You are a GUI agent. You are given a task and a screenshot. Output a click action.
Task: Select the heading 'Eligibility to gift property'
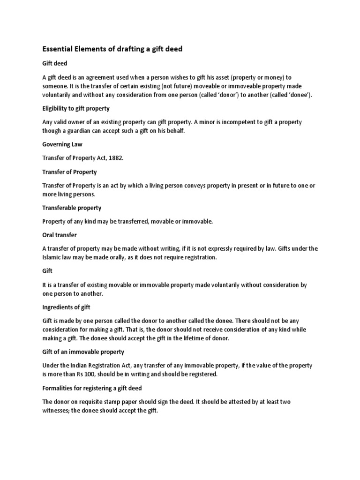pyautogui.click(x=76, y=108)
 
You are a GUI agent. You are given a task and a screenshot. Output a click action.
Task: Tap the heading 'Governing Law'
pyautogui.click(x=62, y=144)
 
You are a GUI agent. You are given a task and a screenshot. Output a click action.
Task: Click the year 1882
pyautogui.click(x=115, y=158)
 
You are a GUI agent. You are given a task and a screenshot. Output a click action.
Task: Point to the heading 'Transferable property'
pyautogui.click(x=72, y=208)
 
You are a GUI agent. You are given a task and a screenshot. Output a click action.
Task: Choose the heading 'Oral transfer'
pyautogui.click(x=60, y=235)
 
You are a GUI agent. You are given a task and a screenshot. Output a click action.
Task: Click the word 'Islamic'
pyautogui.click(x=52, y=257)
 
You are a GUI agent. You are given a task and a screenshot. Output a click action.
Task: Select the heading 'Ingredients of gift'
pyautogui.click(x=66, y=307)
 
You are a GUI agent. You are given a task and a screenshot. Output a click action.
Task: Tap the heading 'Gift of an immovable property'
pyautogui.click(x=83, y=352)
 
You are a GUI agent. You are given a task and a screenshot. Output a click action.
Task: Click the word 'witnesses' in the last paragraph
pyautogui.click(x=57, y=411)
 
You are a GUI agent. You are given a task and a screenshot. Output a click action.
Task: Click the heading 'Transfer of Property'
pyautogui.click(x=69, y=172)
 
